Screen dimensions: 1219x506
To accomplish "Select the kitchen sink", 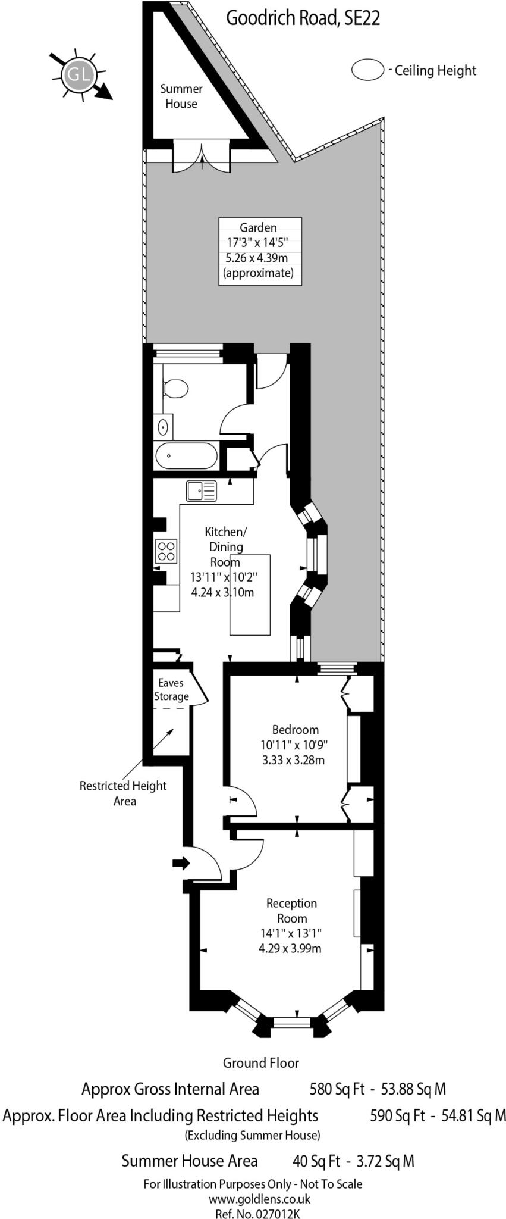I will point(202,491).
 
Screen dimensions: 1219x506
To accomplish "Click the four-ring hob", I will point(166,551).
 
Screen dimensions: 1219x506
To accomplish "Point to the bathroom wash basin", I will point(163,427).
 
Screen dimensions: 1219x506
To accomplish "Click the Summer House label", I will point(181,96).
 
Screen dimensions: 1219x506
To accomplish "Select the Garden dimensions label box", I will point(260,251).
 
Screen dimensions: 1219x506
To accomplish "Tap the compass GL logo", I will point(79,75).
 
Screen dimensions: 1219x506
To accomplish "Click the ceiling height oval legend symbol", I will point(367,70).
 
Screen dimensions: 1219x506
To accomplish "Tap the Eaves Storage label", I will point(172,690).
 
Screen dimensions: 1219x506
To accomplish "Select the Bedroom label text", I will point(295,730).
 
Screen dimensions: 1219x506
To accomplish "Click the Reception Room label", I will point(291,911).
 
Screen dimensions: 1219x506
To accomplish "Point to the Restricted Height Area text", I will point(124,793).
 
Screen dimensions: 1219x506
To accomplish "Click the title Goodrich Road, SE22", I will point(303,18).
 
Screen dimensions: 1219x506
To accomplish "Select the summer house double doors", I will point(201,157).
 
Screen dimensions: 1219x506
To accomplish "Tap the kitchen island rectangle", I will point(250,595).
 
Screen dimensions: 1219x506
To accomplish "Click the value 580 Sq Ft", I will point(337,1089).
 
